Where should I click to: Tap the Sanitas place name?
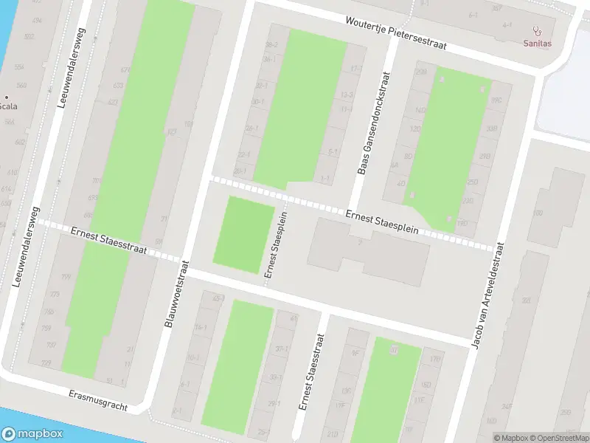click(x=536, y=44)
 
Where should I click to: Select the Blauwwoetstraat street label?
click(x=177, y=293)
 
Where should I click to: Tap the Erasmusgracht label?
click(x=97, y=402)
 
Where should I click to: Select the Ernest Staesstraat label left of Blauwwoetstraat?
click(x=109, y=241)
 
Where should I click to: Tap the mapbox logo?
click(x=32, y=434)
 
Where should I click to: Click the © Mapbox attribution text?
click(x=511, y=438)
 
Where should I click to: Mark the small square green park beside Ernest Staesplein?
click(x=243, y=230)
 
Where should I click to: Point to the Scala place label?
click(x=8, y=106)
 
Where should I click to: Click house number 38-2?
click(x=271, y=45)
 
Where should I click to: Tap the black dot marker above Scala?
click(x=7, y=96)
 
